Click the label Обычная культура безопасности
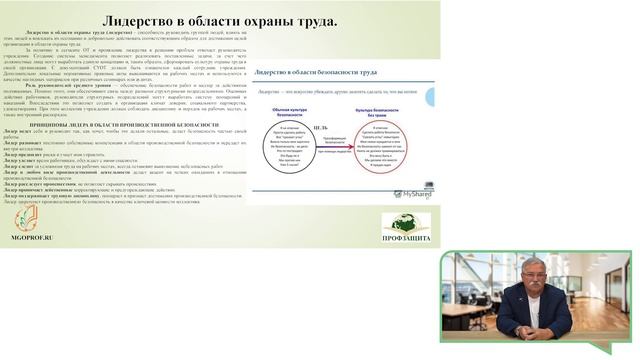pos(283,114)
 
